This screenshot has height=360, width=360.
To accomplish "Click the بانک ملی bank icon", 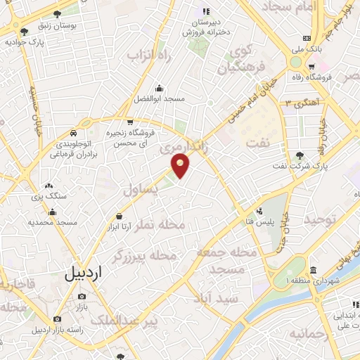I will coord(306,37).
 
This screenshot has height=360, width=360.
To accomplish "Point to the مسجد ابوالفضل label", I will coord(160,99).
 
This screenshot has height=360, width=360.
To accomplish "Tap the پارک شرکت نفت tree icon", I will coord(301,155).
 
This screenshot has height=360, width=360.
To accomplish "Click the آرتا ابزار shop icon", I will coord(118,216).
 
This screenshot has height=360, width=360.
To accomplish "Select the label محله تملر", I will coord(162,225).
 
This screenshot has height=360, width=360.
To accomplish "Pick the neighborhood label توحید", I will coord(321,220).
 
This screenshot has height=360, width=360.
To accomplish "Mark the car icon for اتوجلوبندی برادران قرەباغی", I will coord(73,133).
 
